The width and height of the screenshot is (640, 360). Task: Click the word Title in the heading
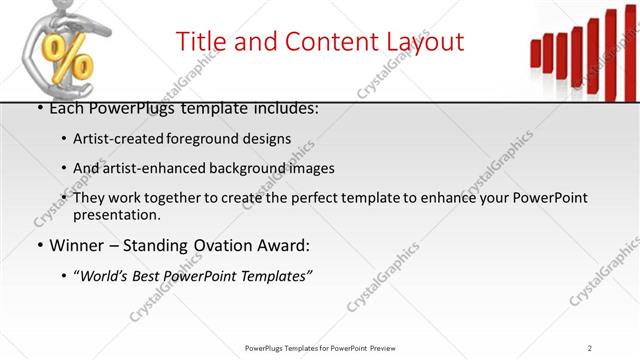[200, 41]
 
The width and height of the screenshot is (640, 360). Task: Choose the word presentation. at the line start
[116, 214]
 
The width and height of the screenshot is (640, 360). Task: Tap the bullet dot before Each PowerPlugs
[38, 108]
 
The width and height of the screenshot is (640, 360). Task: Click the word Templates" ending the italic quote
[276, 275]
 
